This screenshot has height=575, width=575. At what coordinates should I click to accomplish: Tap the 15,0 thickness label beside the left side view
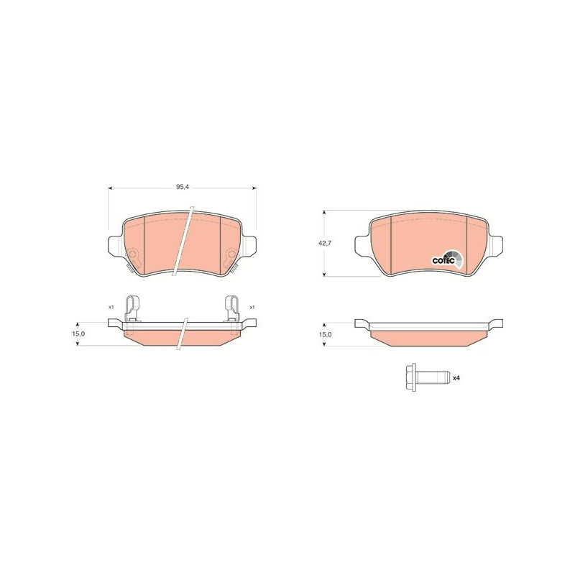[79, 333]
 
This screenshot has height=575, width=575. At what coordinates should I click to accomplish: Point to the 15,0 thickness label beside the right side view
[326, 334]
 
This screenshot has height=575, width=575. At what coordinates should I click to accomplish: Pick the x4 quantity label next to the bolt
[456, 378]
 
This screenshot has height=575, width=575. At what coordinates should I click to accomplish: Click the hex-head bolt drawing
[427, 378]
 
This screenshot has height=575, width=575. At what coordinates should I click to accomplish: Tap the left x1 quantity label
[111, 307]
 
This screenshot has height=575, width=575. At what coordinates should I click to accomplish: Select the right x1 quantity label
[252, 307]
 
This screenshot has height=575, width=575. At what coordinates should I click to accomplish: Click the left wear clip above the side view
[133, 309]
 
